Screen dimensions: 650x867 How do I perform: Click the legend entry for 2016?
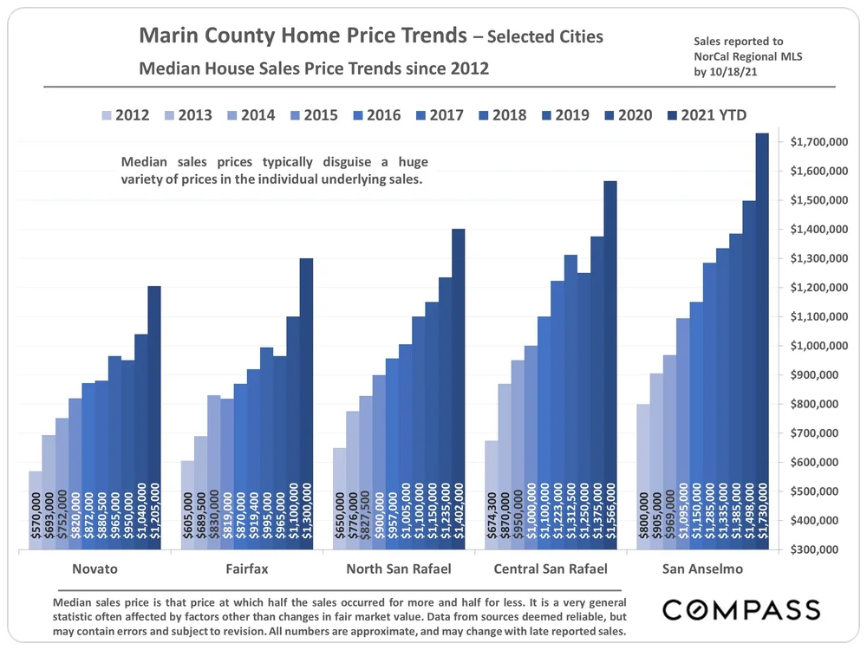point(374,115)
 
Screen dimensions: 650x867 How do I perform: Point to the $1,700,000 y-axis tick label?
point(820,142)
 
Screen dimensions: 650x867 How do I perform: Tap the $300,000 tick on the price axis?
point(820,549)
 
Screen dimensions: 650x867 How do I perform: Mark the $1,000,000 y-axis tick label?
point(820,346)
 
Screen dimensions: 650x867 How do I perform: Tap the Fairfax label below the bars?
point(246,569)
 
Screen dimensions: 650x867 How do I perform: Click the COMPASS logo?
point(741,609)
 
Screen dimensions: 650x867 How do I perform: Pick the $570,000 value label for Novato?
point(36,519)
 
